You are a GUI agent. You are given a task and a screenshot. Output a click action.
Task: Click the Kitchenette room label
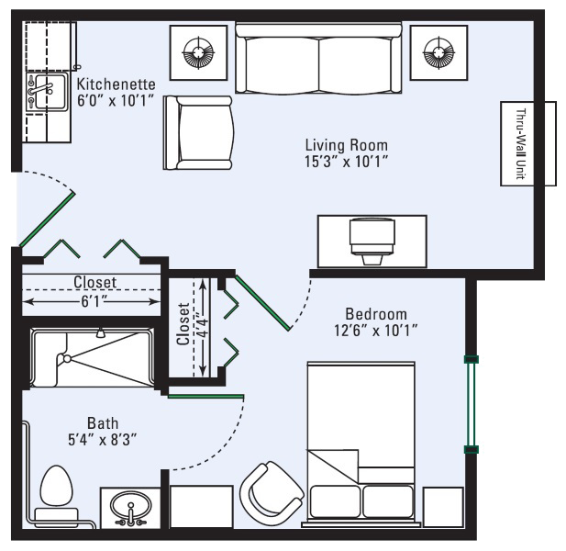pos(117,84)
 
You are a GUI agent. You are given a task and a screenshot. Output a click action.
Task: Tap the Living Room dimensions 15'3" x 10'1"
pos(347,162)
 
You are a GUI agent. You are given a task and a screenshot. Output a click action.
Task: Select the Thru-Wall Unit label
pos(520,144)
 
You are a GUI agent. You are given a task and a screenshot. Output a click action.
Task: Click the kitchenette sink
pos(47,92)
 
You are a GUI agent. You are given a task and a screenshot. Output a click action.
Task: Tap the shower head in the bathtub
pos(101,332)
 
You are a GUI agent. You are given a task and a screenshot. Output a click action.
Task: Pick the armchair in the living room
pos(198,132)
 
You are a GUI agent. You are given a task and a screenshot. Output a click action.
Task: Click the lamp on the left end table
pos(198,52)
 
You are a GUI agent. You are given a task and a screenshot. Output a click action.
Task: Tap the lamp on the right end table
pos(438,52)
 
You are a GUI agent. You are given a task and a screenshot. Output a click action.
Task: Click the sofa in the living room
pos(318,58)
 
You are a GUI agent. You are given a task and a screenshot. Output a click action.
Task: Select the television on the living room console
pos(372,241)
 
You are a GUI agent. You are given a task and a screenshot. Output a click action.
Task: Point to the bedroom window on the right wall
pos(472,404)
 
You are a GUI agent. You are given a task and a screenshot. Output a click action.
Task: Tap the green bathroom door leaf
pos(205,397)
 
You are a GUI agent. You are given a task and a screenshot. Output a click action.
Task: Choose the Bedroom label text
pos(376,314)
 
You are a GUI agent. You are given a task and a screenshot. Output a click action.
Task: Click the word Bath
pos(103,423)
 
